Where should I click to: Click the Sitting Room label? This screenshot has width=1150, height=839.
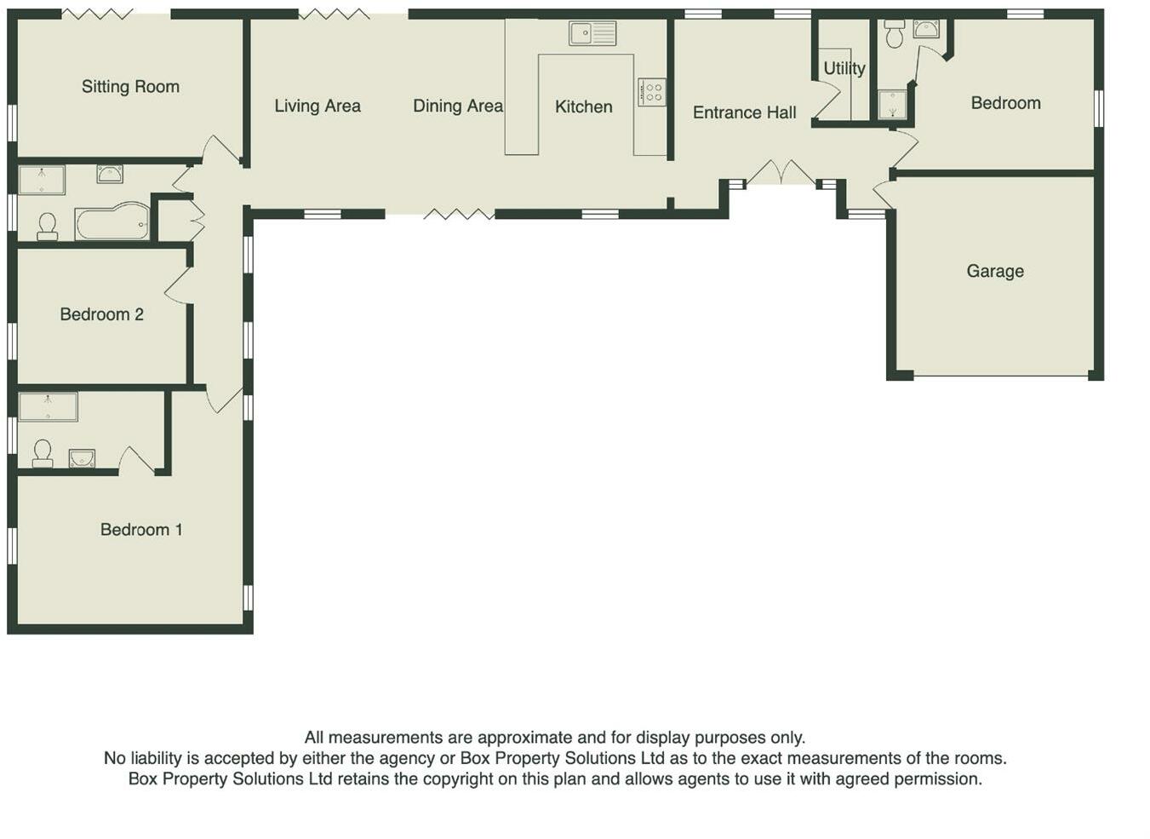pyautogui.click(x=130, y=86)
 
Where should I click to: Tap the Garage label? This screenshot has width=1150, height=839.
pyautogui.click(x=994, y=271)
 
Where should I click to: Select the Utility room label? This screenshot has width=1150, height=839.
pyautogui.click(x=844, y=68)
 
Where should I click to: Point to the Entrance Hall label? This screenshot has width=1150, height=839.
pyautogui.click(x=744, y=112)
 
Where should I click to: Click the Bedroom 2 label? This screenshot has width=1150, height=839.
pyautogui.click(x=101, y=314)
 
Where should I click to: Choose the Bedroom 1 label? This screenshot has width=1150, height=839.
pyautogui.click(x=141, y=530)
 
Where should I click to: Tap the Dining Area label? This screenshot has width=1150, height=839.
pyautogui.click(x=457, y=106)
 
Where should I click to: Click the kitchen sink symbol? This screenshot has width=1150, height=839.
pyautogui.click(x=592, y=34)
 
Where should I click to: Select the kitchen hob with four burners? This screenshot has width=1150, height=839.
pyautogui.click(x=652, y=91)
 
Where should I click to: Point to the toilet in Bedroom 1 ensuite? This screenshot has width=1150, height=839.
pyautogui.click(x=42, y=452)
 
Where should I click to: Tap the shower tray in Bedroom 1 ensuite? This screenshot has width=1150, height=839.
pyautogui.click(x=49, y=406)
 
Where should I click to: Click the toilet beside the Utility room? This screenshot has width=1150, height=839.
pyautogui.click(x=894, y=34)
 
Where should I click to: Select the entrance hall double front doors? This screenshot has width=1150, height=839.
pyautogui.click(x=781, y=173)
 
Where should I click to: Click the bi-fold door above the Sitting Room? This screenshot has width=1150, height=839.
pyautogui.click(x=98, y=14)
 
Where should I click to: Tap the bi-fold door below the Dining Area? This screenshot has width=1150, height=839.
pyautogui.click(x=459, y=214)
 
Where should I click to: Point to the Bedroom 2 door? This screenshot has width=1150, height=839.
pyautogui.click(x=177, y=286)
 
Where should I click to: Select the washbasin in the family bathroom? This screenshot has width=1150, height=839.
pyautogui.click(x=110, y=174)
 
